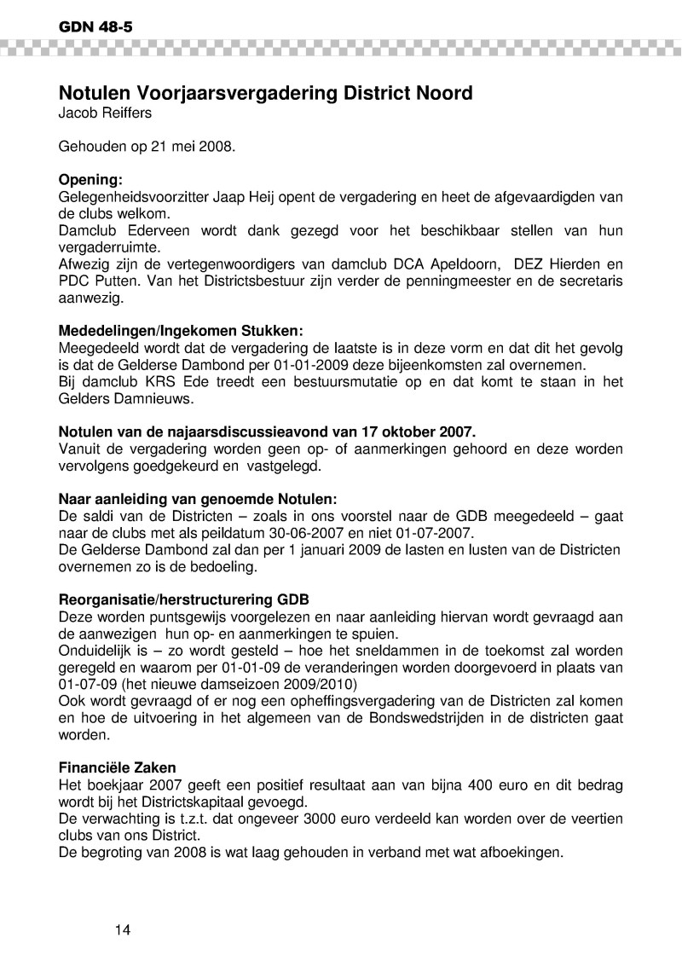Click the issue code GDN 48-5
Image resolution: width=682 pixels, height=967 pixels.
95,26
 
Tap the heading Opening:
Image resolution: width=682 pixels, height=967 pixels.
90,180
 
